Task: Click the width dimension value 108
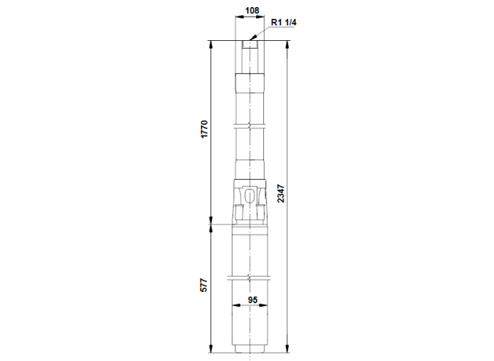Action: pyautogui.click(x=251, y=11)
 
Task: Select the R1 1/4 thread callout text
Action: pyautogui.click(x=284, y=23)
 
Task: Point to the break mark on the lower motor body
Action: pyautogui.click(x=251, y=276)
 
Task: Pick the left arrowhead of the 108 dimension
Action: pyautogui.click(x=236, y=18)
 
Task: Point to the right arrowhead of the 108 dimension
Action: pyautogui.click(x=265, y=18)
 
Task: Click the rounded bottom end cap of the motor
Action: pyautogui.click(x=251, y=350)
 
